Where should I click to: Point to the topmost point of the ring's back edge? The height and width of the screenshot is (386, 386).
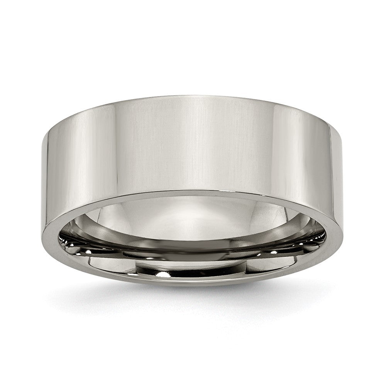(x=193, y=95)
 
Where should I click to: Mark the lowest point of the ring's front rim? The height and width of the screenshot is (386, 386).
(x=193, y=285)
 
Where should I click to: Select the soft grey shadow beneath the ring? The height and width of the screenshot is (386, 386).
(x=193, y=299)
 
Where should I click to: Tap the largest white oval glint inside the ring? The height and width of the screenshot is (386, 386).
(x=164, y=275)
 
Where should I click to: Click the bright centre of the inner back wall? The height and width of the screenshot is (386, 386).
(x=193, y=216)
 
